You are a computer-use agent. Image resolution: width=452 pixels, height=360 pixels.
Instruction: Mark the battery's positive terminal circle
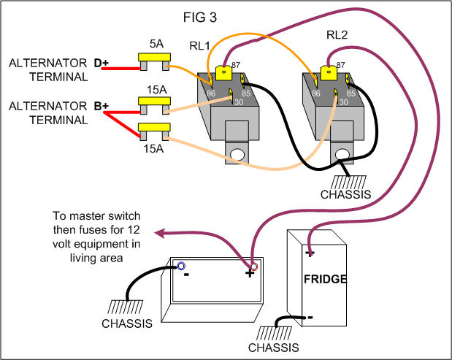pyautogui.click(x=253, y=267)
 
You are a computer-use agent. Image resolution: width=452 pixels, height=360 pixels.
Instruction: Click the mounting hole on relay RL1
pyautogui.click(x=236, y=154)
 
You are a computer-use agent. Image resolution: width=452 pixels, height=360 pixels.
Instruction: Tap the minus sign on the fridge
pyautogui.click(x=310, y=318)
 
